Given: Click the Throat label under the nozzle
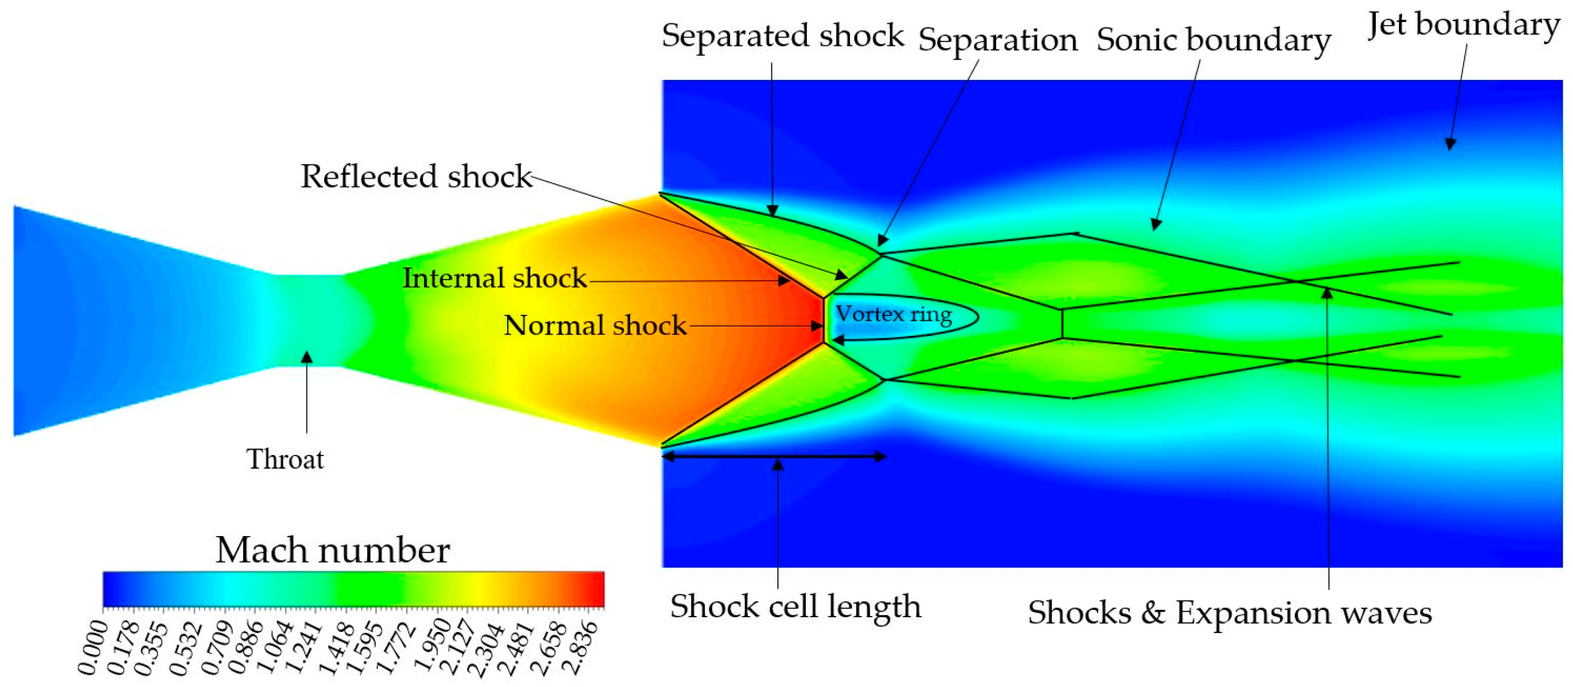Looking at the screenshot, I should point(284,459).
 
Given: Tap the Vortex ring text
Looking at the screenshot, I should point(894,314).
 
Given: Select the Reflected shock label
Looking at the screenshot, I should point(416,176).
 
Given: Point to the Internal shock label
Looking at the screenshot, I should point(495,278).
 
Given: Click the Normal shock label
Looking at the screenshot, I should point(595,325).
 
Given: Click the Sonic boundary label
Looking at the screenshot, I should point(1213,41).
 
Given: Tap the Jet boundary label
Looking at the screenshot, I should point(1463,26).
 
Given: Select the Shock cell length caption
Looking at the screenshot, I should point(795,607).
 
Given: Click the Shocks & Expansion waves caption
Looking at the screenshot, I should point(1229,613).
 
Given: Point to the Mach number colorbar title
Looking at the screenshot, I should point(333,550).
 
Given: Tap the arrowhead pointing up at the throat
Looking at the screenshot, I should point(307,357).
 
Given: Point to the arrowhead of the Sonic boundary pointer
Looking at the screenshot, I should point(1155,224).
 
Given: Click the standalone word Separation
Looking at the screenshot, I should point(998,40).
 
